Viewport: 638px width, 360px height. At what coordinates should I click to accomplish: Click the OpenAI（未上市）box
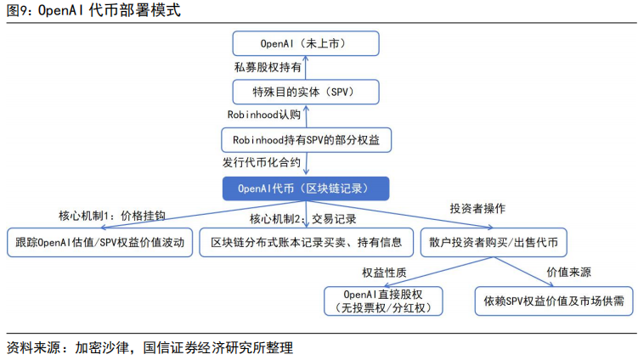tap(306, 43)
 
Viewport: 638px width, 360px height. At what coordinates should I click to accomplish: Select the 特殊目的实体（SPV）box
tap(306, 92)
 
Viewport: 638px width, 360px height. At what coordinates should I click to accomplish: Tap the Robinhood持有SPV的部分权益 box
tap(306, 140)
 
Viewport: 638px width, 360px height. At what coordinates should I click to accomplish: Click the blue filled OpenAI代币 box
tap(306, 188)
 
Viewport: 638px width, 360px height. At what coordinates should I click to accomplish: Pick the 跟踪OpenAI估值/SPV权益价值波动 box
tap(99, 243)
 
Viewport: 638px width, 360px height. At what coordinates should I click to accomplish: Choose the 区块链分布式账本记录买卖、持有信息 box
tap(306, 243)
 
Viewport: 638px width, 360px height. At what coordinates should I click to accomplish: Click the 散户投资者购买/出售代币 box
tap(494, 243)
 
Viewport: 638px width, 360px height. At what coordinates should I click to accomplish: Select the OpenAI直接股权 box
tap(383, 301)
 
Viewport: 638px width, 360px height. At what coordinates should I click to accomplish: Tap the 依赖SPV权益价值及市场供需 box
tap(554, 301)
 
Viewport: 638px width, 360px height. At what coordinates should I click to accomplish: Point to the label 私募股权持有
tap(268, 67)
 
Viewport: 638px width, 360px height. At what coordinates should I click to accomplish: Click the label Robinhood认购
tap(263, 115)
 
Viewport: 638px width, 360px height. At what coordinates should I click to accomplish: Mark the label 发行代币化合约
tap(261, 163)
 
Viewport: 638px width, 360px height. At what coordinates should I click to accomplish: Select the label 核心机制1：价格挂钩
tap(112, 216)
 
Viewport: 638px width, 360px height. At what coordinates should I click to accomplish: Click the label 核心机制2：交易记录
tap(302, 219)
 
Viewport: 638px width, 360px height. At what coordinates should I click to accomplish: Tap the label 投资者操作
tap(477, 209)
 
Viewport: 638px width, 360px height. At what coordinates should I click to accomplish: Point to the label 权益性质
tap(384, 273)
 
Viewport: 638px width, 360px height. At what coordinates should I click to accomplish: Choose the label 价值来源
tap(568, 273)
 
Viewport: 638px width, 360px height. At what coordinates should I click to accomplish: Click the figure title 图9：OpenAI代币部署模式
tap(93, 10)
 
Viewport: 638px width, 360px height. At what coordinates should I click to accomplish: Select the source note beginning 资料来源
tap(150, 348)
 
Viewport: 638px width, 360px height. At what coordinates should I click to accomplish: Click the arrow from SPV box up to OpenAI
tap(306, 68)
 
